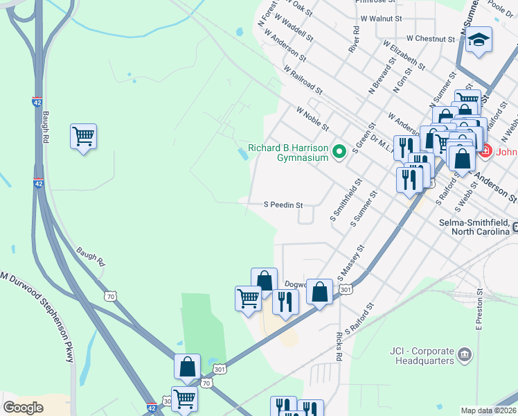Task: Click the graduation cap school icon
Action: tap(479, 41)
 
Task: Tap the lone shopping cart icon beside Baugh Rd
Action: tap(83, 137)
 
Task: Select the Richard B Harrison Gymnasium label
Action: tap(287, 153)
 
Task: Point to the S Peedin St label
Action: tap(283, 205)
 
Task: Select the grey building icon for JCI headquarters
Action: tap(465, 355)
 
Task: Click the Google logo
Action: tap(24, 408)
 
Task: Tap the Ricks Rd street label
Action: tap(339, 347)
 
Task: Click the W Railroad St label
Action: tap(303, 80)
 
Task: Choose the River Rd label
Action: tap(355, 40)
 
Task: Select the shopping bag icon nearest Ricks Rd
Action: tap(319, 291)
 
